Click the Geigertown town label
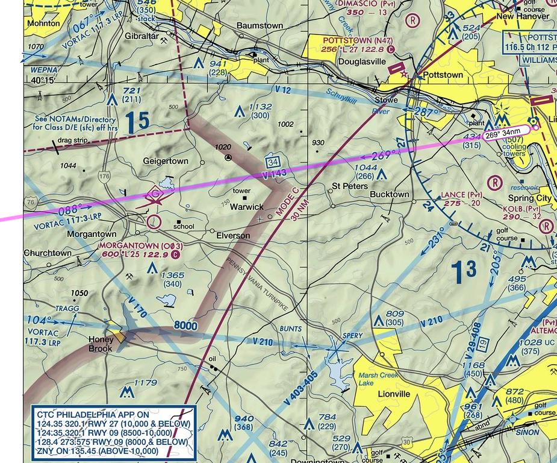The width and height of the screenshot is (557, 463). (165, 161)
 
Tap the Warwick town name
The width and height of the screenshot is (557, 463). (247, 207)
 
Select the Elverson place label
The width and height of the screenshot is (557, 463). (233, 235)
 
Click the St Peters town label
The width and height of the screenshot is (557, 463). (350, 186)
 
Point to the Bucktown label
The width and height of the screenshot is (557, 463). (389, 195)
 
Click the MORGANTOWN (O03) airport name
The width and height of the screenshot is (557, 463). (141, 246)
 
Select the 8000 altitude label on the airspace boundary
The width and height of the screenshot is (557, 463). (185, 326)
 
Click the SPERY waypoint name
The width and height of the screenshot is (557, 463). (352, 335)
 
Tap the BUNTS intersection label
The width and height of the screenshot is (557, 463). (290, 329)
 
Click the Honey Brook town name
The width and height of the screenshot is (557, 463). (101, 344)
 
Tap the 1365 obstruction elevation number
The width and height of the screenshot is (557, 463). (172, 275)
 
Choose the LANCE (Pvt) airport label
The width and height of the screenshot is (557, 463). (461, 195)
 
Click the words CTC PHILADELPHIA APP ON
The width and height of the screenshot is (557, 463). (93, 415)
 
